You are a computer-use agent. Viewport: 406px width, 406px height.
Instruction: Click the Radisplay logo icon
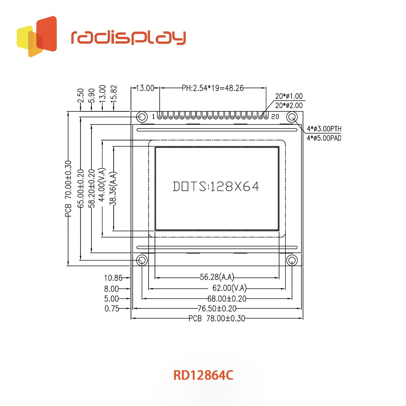click(x=37, y=37)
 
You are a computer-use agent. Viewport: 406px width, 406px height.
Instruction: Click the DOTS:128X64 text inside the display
click(x=216, y=186)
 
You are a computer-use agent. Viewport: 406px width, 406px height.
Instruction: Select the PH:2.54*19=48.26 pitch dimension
click(x=212, y=88)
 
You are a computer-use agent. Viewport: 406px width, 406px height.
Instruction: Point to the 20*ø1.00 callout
click(x=289, y=96)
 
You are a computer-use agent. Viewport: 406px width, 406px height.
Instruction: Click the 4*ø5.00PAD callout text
click(x=324, y=138)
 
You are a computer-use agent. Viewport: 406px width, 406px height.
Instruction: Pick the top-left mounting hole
click(x=142, y=117)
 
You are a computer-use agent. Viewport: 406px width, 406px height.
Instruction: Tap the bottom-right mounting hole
click(x=292, y=261)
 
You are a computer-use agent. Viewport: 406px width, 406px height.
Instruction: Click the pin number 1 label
click(x=153, y=116)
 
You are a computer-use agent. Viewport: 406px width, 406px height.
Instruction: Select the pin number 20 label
click(x=275, y=116)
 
